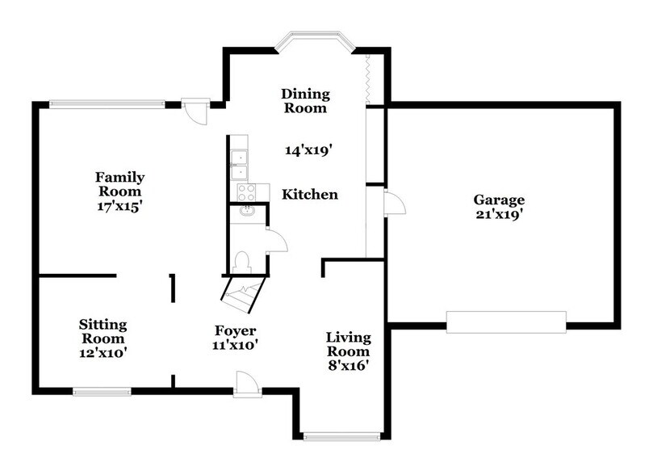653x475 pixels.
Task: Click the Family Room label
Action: (120, 184)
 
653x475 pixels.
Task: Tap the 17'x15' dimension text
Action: (120, 205)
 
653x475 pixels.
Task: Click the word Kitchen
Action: (309, 195)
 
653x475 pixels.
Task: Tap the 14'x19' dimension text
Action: (309, 149)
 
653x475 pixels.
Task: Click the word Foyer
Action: (235, 331)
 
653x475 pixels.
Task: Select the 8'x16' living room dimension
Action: (348, 366)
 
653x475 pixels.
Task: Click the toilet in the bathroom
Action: (241, 260)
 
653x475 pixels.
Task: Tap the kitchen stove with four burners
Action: (245, 192)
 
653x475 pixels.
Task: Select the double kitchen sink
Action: (240, 165)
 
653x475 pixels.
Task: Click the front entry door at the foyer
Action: (246, 385)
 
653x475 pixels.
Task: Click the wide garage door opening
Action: (506, 322)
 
